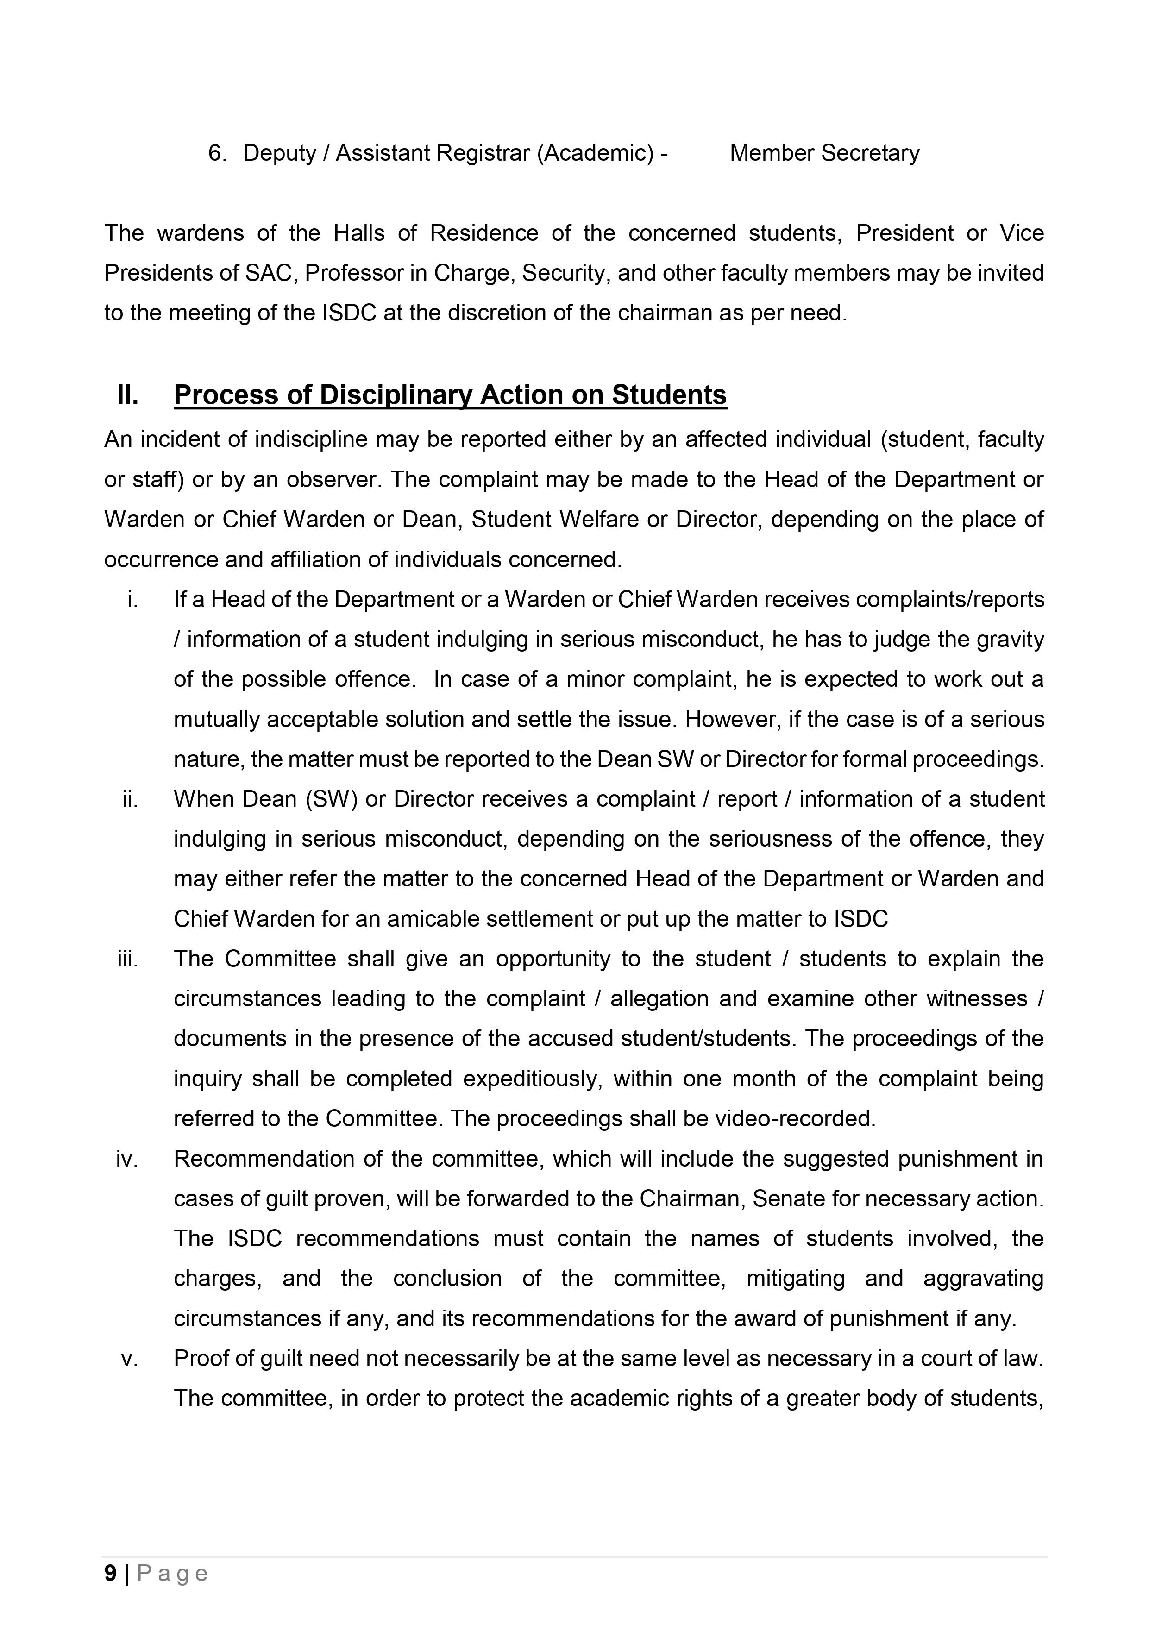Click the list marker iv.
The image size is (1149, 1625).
coord(127,1159)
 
